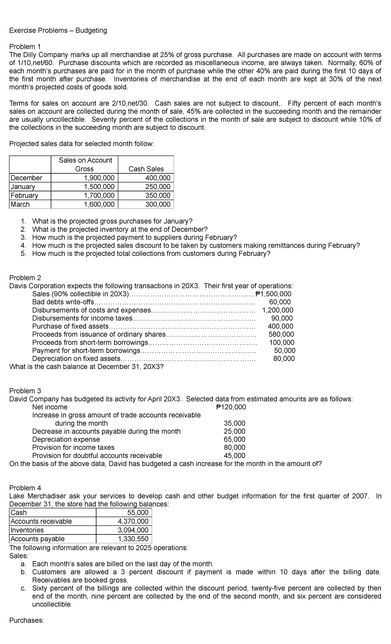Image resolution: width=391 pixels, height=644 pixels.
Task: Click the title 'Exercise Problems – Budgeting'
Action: pos(58,31)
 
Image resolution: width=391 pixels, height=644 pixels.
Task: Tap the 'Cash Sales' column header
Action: pos(146,169)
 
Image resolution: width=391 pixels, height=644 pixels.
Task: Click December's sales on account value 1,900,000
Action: pos(99,178)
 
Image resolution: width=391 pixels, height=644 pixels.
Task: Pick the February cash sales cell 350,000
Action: pos(158,196)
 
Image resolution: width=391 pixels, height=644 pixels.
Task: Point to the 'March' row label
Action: pos(20,204)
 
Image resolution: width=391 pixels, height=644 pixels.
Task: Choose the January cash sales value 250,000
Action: pos(158,187)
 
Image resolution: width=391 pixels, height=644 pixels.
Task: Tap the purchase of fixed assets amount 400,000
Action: pos(281,326)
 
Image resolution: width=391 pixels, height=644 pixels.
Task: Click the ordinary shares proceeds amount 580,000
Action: pos(281,334)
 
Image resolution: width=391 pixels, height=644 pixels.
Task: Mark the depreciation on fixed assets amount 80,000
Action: pos(284,359)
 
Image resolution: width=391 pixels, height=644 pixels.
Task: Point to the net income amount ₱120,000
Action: pos(231,407)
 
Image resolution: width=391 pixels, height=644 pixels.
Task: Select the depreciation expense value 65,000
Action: pos(235,439)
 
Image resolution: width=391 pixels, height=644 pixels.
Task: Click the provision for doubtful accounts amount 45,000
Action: pos(235,456)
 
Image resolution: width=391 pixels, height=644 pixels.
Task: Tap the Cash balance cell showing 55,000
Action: pos(138,513)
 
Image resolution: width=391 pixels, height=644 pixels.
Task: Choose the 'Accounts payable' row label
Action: pos(38,539)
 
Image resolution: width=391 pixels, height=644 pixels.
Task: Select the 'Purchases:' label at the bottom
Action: pos(26,621)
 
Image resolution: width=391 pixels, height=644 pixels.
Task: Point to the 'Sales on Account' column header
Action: pos(85,160)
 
